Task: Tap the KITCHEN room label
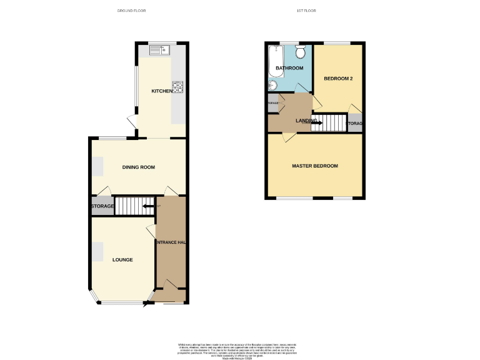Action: click(x=162, y=91)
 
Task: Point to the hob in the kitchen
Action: click(x=177, y=87)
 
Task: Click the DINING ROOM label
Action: click(x=138, y=167)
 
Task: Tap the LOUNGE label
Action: click(x=122, y=259)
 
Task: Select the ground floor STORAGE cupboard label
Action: click(x=102, y=206)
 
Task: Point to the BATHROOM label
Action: click(x=290, y=68)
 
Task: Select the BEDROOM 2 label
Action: click(x=339, y=79)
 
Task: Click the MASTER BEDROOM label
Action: click(x=315, y=166)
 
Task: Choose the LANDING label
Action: click(x=306, y=121)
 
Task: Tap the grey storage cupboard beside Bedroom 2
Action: click(x=355, y=123)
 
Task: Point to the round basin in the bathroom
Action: click(x=273, y=86)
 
